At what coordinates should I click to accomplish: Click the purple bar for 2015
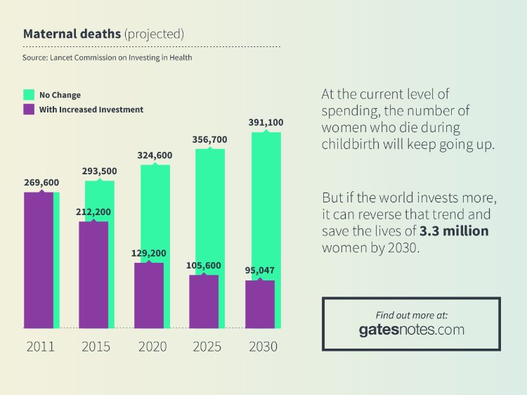pos(93,275)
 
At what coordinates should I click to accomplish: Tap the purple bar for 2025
pos(204,302)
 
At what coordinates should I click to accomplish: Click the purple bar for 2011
pos(39,260)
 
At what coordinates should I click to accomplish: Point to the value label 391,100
pos(266,122)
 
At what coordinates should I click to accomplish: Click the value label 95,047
pos(260,271)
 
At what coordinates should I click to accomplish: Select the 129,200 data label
pos(148,253)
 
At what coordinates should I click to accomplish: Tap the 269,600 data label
pos(41,183)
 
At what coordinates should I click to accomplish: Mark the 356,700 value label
pos(209,139)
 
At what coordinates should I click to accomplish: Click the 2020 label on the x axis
pos(152,347)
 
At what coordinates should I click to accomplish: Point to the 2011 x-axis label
pos(40,347)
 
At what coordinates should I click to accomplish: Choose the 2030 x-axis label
pos(263,347)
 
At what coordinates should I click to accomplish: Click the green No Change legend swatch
pos(29,95)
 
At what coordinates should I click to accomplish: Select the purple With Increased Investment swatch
pos(29,109)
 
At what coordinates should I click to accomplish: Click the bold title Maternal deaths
pos(72,34)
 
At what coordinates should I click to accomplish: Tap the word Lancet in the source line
pos(62,58)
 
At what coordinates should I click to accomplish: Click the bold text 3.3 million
pos(454,231)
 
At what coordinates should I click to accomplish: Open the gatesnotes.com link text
pos(411,330)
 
